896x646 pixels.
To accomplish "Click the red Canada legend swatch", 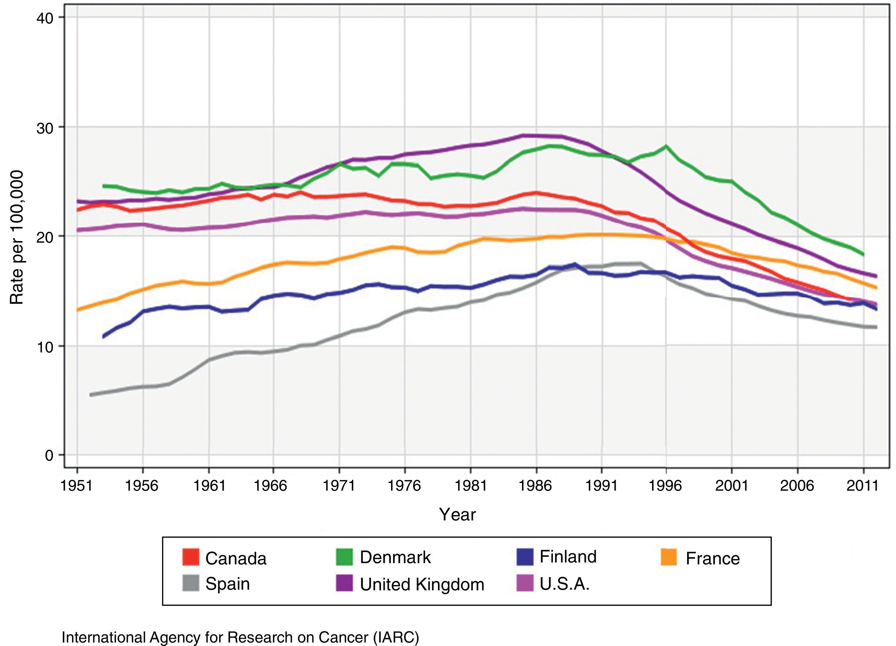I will pos(190,557).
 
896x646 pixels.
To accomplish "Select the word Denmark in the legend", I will pos(395,557).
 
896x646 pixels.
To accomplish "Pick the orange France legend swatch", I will pos(669,557).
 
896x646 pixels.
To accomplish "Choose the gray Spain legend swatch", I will pos(190,583).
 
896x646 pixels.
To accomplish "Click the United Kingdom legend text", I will pos(422,584).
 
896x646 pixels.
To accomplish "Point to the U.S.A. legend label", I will pos(564,583).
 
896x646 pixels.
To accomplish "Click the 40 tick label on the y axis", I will pos(45,18).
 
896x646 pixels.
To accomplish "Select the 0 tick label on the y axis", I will pos(49,456).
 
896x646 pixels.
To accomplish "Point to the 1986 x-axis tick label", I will pos(535,486).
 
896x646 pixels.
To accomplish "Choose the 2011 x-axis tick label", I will pos(863,486).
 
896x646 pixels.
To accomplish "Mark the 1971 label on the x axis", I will pos(339,486).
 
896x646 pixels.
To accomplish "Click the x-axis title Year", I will pos(457,514).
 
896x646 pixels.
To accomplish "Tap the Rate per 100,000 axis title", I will pos(16,237).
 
